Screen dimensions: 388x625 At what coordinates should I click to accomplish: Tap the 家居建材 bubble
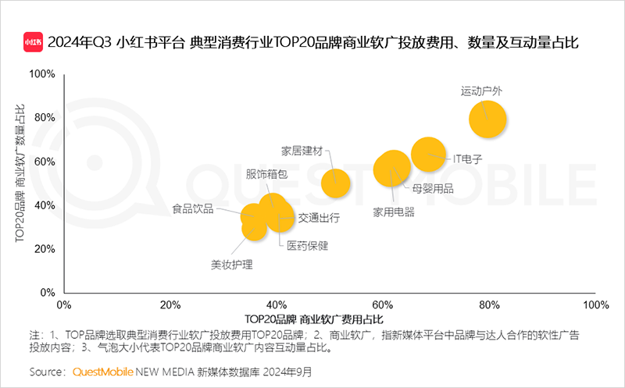click(x=335, y=183)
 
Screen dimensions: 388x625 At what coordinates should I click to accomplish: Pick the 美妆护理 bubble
click(x=255, y=226)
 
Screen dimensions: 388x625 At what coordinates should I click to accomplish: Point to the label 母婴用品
click(x=433, y=187)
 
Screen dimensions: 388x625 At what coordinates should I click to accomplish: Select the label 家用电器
click(x=394, y=212)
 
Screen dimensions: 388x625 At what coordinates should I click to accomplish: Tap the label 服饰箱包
click(x=266, y=174)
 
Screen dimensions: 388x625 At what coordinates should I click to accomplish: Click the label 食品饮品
click(x=193, y=209)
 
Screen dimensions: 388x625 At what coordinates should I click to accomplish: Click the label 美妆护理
click(x=232, y=265)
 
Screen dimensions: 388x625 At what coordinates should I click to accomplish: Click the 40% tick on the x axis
click(x=277, y=304)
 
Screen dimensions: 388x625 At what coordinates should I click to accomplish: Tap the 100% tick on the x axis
click(x=595, y=304)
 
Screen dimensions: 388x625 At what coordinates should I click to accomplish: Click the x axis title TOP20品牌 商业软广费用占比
click(x=314, y=319)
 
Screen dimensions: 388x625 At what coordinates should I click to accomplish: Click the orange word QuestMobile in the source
click(x=104, y=371)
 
